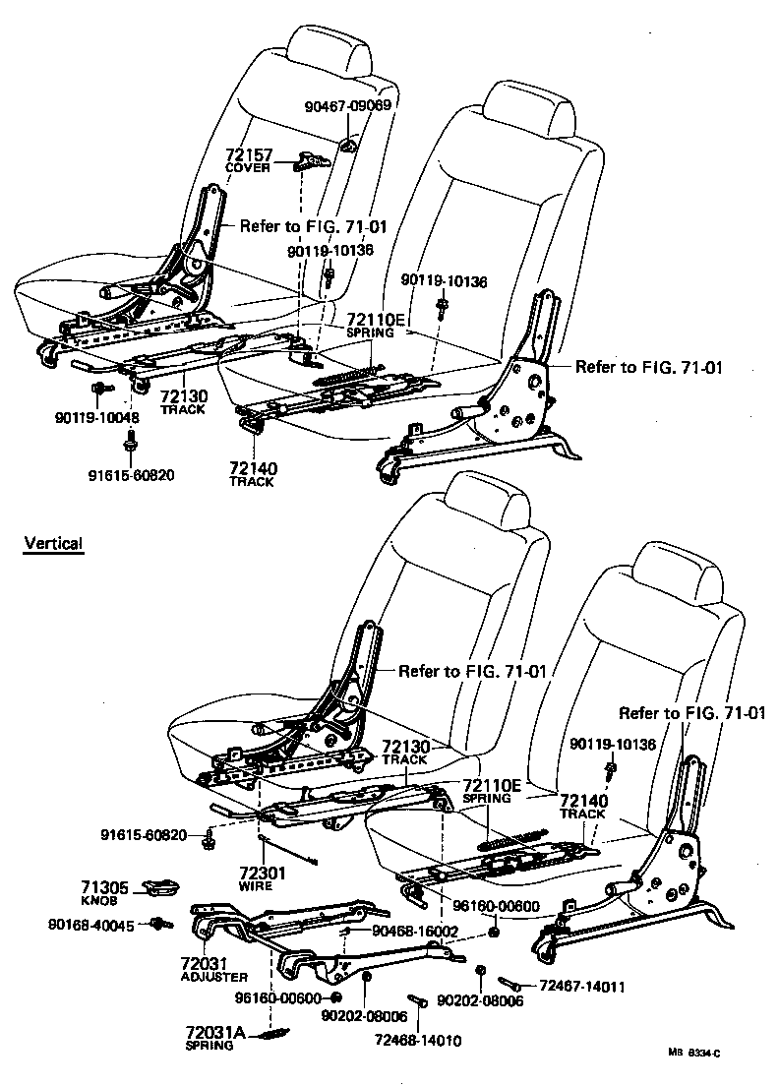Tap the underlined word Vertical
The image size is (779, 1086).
[53, 543]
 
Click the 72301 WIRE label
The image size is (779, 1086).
[262, 877]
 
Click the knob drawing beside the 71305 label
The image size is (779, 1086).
[161, 889]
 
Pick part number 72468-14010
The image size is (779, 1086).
[417, 1040]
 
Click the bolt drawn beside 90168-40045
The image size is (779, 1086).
[159, 924]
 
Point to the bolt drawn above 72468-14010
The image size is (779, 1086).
[418, 1001]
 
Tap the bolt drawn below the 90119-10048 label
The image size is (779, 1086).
[129, 449]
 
